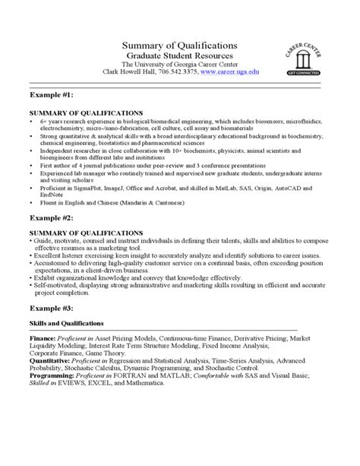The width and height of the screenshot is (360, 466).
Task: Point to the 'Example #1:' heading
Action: (x=52, y=96)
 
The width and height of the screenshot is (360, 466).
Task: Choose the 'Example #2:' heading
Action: (x=52, y=217)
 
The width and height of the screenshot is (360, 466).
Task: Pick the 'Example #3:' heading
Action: (x=52, y=309)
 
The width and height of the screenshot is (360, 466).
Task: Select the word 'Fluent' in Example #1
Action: (x=45, y=201)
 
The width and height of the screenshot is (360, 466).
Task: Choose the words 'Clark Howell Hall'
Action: (x=126, y=72)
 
